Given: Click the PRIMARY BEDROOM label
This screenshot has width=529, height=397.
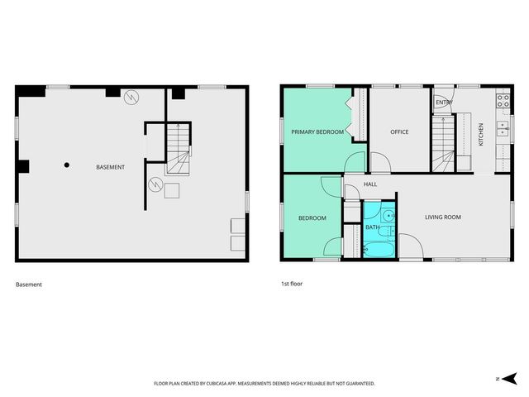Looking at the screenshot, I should [317, 132].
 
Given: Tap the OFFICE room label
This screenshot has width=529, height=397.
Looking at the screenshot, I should [400, 132].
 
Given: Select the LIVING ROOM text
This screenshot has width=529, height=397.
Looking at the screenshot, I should [442, 218].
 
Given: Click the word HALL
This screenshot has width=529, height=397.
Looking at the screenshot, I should [370, 184].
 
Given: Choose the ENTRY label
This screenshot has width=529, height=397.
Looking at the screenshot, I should [443, 103].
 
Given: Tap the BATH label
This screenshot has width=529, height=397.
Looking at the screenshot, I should [373, 227].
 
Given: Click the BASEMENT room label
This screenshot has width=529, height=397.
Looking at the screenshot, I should [110, 168].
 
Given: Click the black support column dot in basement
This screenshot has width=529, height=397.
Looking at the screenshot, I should [67, 165].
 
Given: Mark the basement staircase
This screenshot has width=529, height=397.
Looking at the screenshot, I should [177, 150].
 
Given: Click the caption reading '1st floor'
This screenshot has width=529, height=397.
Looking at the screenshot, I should [292, 285].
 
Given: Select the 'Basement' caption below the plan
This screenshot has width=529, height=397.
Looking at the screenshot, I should [29, 285].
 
